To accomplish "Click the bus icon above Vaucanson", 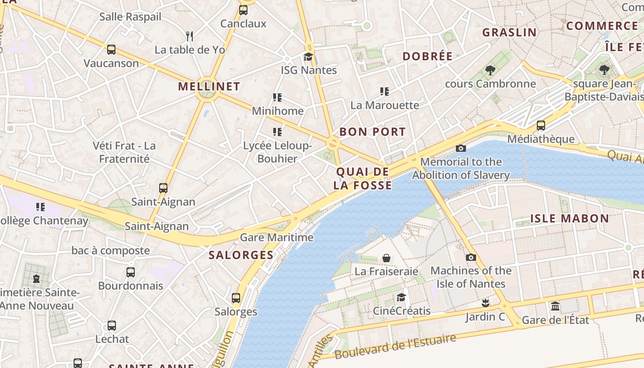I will [111, 50].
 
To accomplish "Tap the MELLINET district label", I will [209, 86].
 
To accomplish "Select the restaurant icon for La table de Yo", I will [189, 36].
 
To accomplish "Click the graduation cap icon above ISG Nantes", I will [308, 57].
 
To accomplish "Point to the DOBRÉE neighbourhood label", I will [427, 57].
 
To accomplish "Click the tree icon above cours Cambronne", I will [490, 70].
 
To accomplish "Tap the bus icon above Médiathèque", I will [541, 126].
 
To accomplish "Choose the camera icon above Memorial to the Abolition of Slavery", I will [460, 148].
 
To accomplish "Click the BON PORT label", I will [373, 132].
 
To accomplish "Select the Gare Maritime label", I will [277, 238].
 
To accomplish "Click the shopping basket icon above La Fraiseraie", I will [386, 258].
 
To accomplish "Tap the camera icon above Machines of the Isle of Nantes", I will [471, 257].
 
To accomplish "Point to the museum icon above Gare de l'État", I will [555, 306].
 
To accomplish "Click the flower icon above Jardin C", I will [485, 303].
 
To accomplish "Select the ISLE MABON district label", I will [569, 218].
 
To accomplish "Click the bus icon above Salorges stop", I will [236, 298].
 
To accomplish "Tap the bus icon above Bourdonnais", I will [131, 272].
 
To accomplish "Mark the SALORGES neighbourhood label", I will [241, 255].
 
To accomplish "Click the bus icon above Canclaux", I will [243, 10].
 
